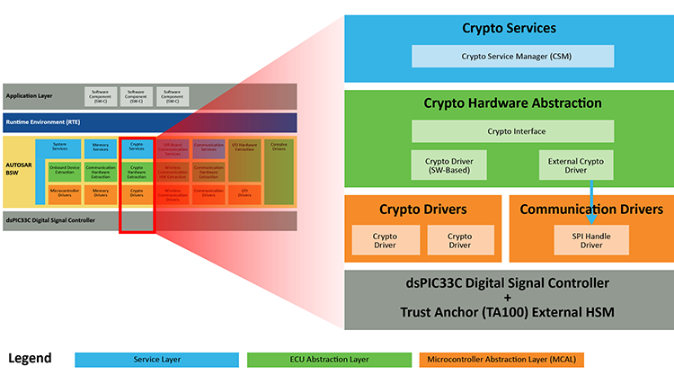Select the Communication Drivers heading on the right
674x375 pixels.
click(x=591, y=210)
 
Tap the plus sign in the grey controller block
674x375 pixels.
click(x=509, y=297)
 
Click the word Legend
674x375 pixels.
click(x=30, y=358)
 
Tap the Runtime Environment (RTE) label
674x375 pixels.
click(x=41, y=122)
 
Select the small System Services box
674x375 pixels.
click(x=59, y=147)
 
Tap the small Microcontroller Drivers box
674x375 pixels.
click(x=63, y=192)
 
